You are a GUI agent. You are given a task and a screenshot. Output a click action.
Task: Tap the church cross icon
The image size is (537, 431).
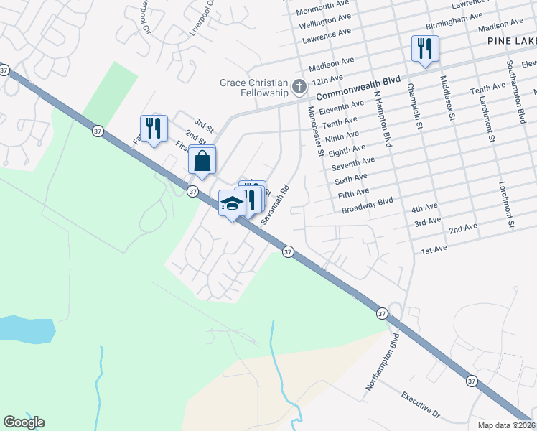click(299, 89)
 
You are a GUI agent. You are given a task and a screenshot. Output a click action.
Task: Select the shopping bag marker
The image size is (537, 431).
click(202, 161)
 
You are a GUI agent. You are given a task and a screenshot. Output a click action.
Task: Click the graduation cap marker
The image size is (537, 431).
click(232, 205)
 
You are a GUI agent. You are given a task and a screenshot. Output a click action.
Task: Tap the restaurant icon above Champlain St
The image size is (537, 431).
click(424, 50)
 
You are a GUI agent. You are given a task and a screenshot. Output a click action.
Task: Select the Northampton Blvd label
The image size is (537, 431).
click(381, 361)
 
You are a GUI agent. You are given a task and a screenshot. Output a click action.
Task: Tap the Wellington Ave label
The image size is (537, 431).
click(324, 24)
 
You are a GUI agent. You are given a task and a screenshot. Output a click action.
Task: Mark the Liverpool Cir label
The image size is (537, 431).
click(145, 16)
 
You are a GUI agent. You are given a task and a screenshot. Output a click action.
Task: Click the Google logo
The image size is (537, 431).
click(24, 422)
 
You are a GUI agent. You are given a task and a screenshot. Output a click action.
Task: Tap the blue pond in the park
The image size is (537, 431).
click(26, 329)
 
